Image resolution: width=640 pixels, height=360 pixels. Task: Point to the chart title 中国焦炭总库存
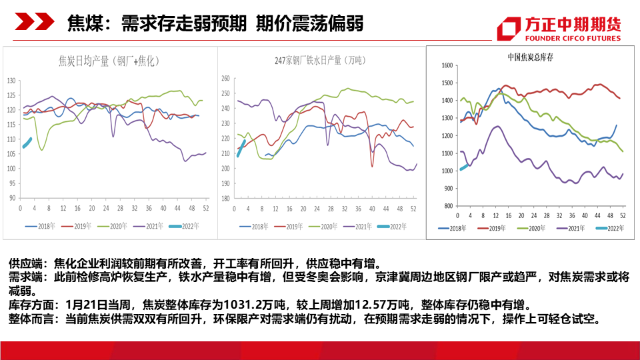pos(530,57)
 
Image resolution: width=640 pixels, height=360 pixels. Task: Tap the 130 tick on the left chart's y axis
pos(11,81)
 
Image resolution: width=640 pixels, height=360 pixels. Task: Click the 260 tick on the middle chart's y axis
pos(225,78)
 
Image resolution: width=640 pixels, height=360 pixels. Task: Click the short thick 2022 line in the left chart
pos(27,143)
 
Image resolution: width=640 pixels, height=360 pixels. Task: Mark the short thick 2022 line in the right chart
pos(465,167)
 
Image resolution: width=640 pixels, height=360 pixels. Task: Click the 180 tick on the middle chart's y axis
pos(225,199)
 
